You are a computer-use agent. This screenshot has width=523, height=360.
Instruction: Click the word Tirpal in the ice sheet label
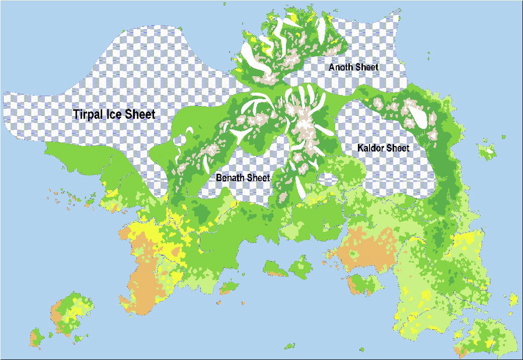(x=90, y=115)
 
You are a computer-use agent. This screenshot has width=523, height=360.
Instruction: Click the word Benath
(x=231, y=177)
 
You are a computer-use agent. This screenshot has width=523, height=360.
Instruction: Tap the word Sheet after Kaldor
(x=399, y=148)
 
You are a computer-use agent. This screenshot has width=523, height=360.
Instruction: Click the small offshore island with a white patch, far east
(x=488, y=152)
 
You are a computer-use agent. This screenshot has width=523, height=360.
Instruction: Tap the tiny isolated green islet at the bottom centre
(x=289, y=347)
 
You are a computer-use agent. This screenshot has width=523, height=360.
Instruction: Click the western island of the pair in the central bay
(x=275, y=269)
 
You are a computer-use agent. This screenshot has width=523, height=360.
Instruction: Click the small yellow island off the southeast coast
(x=513, y=300)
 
